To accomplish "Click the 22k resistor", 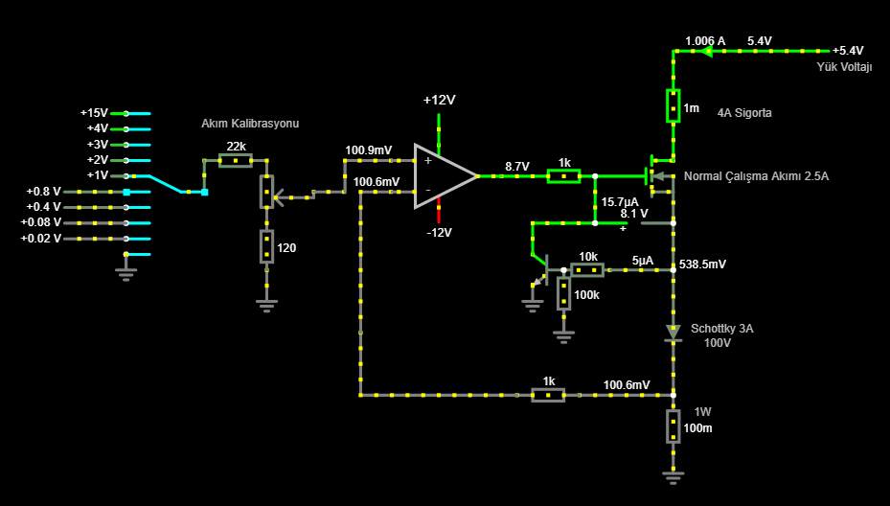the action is [x=236, y=161].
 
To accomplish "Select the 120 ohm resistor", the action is [x=266, y=246].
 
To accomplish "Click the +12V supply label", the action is [x=440, y=101].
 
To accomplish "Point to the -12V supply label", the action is [x=440, y=233].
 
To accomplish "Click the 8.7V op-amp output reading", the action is [x=517, y=167].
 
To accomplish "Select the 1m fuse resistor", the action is [x=673, y=105].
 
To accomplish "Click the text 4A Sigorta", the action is [x=744, y=113].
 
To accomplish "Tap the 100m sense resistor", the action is [x=673, y=425].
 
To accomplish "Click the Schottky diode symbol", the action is [x=673, y=333].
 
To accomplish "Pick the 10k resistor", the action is [x=587, y=269].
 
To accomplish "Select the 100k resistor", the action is [x=563, y=293].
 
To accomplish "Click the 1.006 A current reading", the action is [x=705, y=41].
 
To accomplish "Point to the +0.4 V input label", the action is [x=44, y=207].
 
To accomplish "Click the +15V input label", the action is [x=94, y=113].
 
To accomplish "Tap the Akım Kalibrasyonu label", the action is [x=250, y=124].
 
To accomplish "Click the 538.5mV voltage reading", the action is [x=702, y=264].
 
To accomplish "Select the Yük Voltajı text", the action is [x=844, y=67].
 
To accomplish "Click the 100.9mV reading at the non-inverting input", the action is [x=369, y=150].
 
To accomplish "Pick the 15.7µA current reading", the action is [x=620, y=202].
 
